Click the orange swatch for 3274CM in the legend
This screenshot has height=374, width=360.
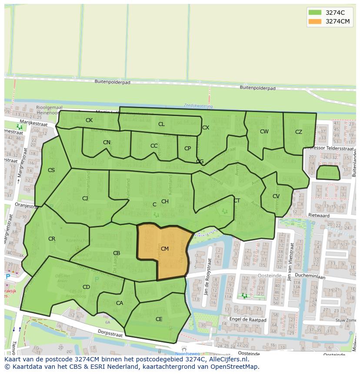pos(315,22)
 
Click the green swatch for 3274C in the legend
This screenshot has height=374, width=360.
pos(315,13)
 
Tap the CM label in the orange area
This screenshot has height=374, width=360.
pos(165,249)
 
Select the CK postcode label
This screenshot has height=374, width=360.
pos(89,120)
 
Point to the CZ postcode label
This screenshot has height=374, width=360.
pos(299,132)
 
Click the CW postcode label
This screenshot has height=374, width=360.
pos(264,132)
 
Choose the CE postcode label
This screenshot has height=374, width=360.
pos(159,319)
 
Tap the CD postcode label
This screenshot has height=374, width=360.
pos(86,287)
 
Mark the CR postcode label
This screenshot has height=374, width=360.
pos(52,239)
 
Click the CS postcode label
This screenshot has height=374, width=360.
pos(51,170)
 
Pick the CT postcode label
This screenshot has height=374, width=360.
pos(237,201)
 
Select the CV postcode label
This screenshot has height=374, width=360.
pos(276,196)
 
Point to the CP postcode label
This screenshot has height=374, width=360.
pos(187,149)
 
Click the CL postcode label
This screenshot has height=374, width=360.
pos(161,124)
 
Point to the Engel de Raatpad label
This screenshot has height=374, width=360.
pos(247,319)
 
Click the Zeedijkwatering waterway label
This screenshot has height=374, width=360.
pos(198,106)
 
